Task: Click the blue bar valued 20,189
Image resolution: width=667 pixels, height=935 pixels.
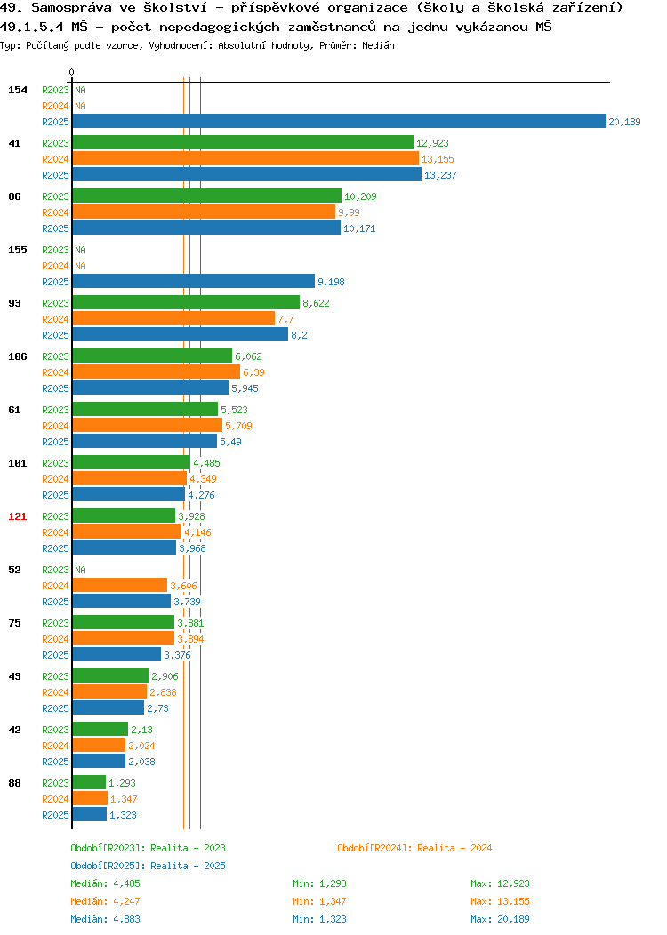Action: (x=339, y=121)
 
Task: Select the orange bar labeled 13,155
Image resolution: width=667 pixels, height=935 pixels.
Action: (x=245, y=158)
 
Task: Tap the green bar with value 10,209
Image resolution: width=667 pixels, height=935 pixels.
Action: (x=207, y=196)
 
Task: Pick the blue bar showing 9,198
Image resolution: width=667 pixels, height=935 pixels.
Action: (x=194, y=281)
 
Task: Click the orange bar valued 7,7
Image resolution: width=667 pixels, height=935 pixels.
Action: (x=173, y=318)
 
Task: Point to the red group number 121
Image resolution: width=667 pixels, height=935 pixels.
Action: (x=17, y=516)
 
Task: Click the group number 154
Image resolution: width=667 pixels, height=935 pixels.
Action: (x=17, y=90)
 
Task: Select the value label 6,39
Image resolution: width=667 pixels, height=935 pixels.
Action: (x=253, y=372)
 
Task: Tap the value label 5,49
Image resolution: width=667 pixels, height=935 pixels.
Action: (x=230, y=442)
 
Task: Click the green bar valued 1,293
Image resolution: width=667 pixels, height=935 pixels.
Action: (x=89, y=782)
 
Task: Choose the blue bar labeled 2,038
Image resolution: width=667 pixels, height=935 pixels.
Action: (x=99, y=761)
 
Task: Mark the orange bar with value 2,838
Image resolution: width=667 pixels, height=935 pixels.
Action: (x=109, y=691)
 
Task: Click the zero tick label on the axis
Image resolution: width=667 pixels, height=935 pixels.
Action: (x=72, y=73)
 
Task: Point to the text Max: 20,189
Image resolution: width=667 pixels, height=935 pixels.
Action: (x=500, y=919)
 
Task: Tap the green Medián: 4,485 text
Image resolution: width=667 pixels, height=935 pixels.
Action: (x=106, y=883)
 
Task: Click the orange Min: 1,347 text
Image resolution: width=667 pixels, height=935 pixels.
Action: (x=319, y=901)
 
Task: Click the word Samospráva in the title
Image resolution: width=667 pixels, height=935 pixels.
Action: (x=72, y=8)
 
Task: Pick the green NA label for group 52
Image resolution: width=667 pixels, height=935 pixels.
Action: (x=81, y=570)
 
